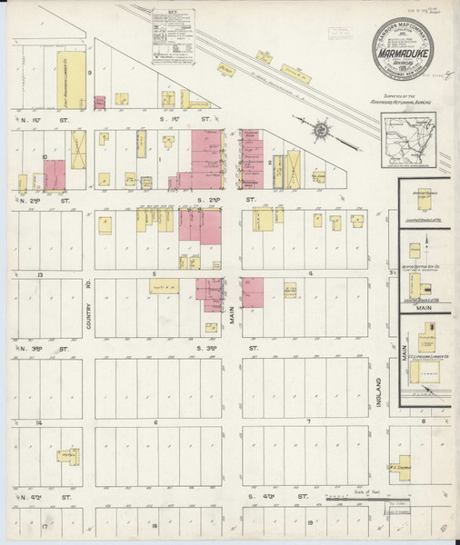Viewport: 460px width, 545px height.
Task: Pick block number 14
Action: pyautogui.click(x=39, y=398)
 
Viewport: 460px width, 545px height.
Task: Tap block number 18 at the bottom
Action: pyautogui.click(x=156, y=525)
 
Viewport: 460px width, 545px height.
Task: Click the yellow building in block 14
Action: pyautogui.click(x=65, y=454)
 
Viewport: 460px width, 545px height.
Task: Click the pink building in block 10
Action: pyautogui.click(x=55, y=174)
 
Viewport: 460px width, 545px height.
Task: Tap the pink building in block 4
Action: pyautogui.click(x=253, y=292)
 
